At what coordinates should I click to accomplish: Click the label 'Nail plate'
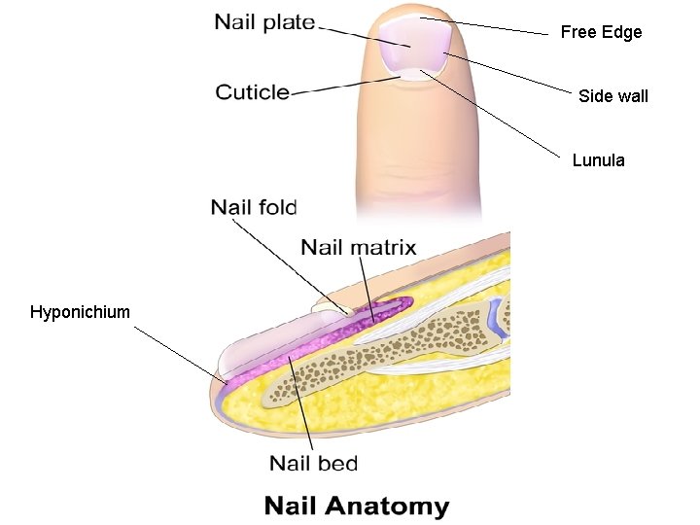tap(265, 21)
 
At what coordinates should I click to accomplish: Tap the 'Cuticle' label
tap(253, 92)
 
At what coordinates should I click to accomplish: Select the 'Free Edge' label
tap(601, 32)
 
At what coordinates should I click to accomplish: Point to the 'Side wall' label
tap(612, 95)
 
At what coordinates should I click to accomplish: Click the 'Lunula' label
tap(598, 160)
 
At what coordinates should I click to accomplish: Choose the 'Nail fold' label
tap(254, 206)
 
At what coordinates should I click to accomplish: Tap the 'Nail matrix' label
tap(358, 247)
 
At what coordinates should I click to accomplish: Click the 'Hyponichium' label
tap(80, 312)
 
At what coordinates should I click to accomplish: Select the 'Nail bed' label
tap(313, 463)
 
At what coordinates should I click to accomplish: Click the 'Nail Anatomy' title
tap(357, 507)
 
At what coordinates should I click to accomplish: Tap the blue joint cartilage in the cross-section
tap(497, 314)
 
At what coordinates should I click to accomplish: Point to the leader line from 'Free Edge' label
tap(486, 26)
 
